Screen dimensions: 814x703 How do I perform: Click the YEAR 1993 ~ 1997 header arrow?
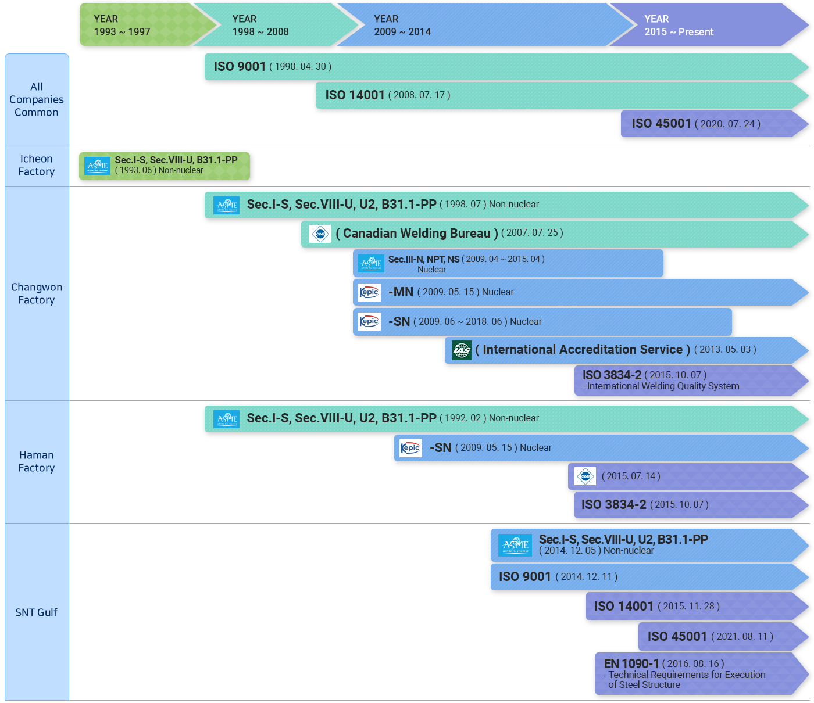click(146, 25)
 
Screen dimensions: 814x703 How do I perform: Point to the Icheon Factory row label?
click(36, 166)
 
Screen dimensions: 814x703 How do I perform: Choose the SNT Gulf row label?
click(36, 612)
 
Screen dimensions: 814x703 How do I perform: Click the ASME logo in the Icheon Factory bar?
click(97, 166)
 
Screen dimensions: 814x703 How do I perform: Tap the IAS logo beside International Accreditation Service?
click(462, 350)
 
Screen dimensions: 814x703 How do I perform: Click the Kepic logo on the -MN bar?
click(369, 292)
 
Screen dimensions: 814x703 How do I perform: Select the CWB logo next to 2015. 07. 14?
click(585, 476)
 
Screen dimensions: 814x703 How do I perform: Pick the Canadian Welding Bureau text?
click(417, 234)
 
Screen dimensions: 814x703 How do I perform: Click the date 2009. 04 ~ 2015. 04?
click(503, 259)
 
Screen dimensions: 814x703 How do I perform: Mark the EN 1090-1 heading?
click(631, 663)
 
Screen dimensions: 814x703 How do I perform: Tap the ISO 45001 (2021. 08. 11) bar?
click(723, 637)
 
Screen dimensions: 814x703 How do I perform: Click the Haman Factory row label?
click(36, 461)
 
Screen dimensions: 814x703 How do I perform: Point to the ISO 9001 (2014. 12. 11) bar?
click(650, 577)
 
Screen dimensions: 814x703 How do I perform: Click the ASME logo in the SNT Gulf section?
click(515, 545)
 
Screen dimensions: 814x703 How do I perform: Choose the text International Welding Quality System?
click(663, 386)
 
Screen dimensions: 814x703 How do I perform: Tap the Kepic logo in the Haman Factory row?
click(410, 448)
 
